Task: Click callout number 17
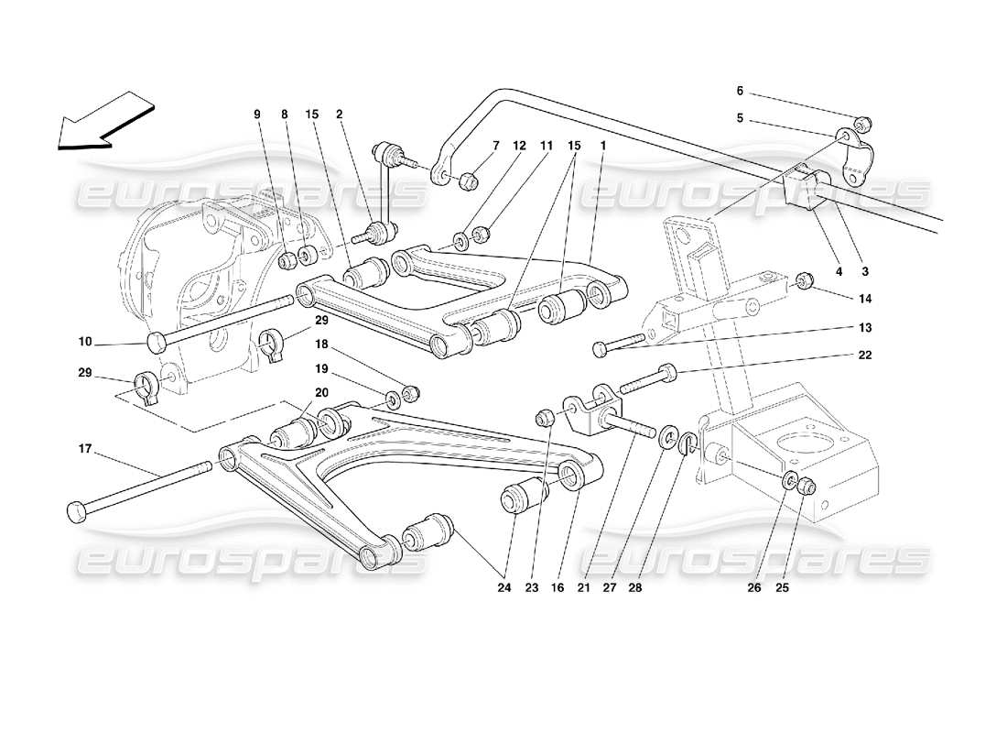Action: point(85,449)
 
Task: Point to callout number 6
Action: point(740,92)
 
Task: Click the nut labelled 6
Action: point(861,123)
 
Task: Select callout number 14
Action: point(865,299)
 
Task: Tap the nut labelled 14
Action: point(805,279)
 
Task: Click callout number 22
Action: point(865,355)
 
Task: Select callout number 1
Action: point(602,144)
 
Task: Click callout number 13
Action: point(865,327)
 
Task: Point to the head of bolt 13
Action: point(600,348)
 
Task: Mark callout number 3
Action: point(865,271)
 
